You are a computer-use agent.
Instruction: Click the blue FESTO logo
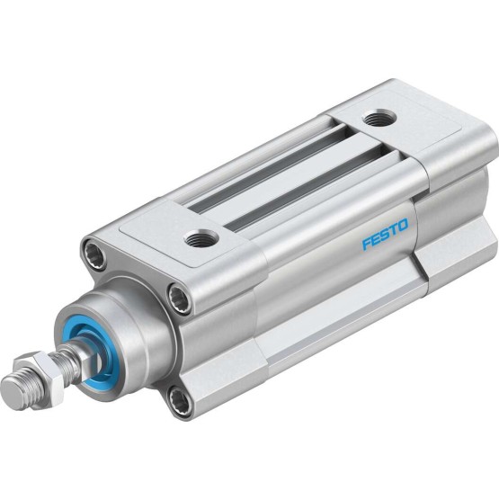click(x=385, y=234)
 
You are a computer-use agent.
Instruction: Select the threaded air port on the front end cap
click(x=202, y=238)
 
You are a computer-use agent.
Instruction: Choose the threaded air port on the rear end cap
click(x=379, y=120)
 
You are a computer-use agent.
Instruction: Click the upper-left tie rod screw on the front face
click(x=94, y=254)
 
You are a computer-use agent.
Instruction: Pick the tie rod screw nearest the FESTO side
click(x=179, y=298)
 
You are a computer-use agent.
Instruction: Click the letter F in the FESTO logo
click(x=367, y=244)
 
